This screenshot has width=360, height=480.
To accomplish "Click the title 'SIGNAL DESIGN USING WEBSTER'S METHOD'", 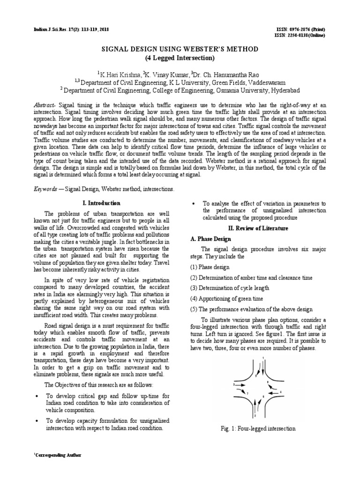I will (x=180, y=49).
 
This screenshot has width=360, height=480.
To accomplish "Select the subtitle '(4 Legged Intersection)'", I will (x=180, y=58).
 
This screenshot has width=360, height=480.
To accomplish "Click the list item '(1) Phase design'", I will (x=210, y=267).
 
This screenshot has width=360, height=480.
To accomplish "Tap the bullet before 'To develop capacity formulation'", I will (x=37, y=421).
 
